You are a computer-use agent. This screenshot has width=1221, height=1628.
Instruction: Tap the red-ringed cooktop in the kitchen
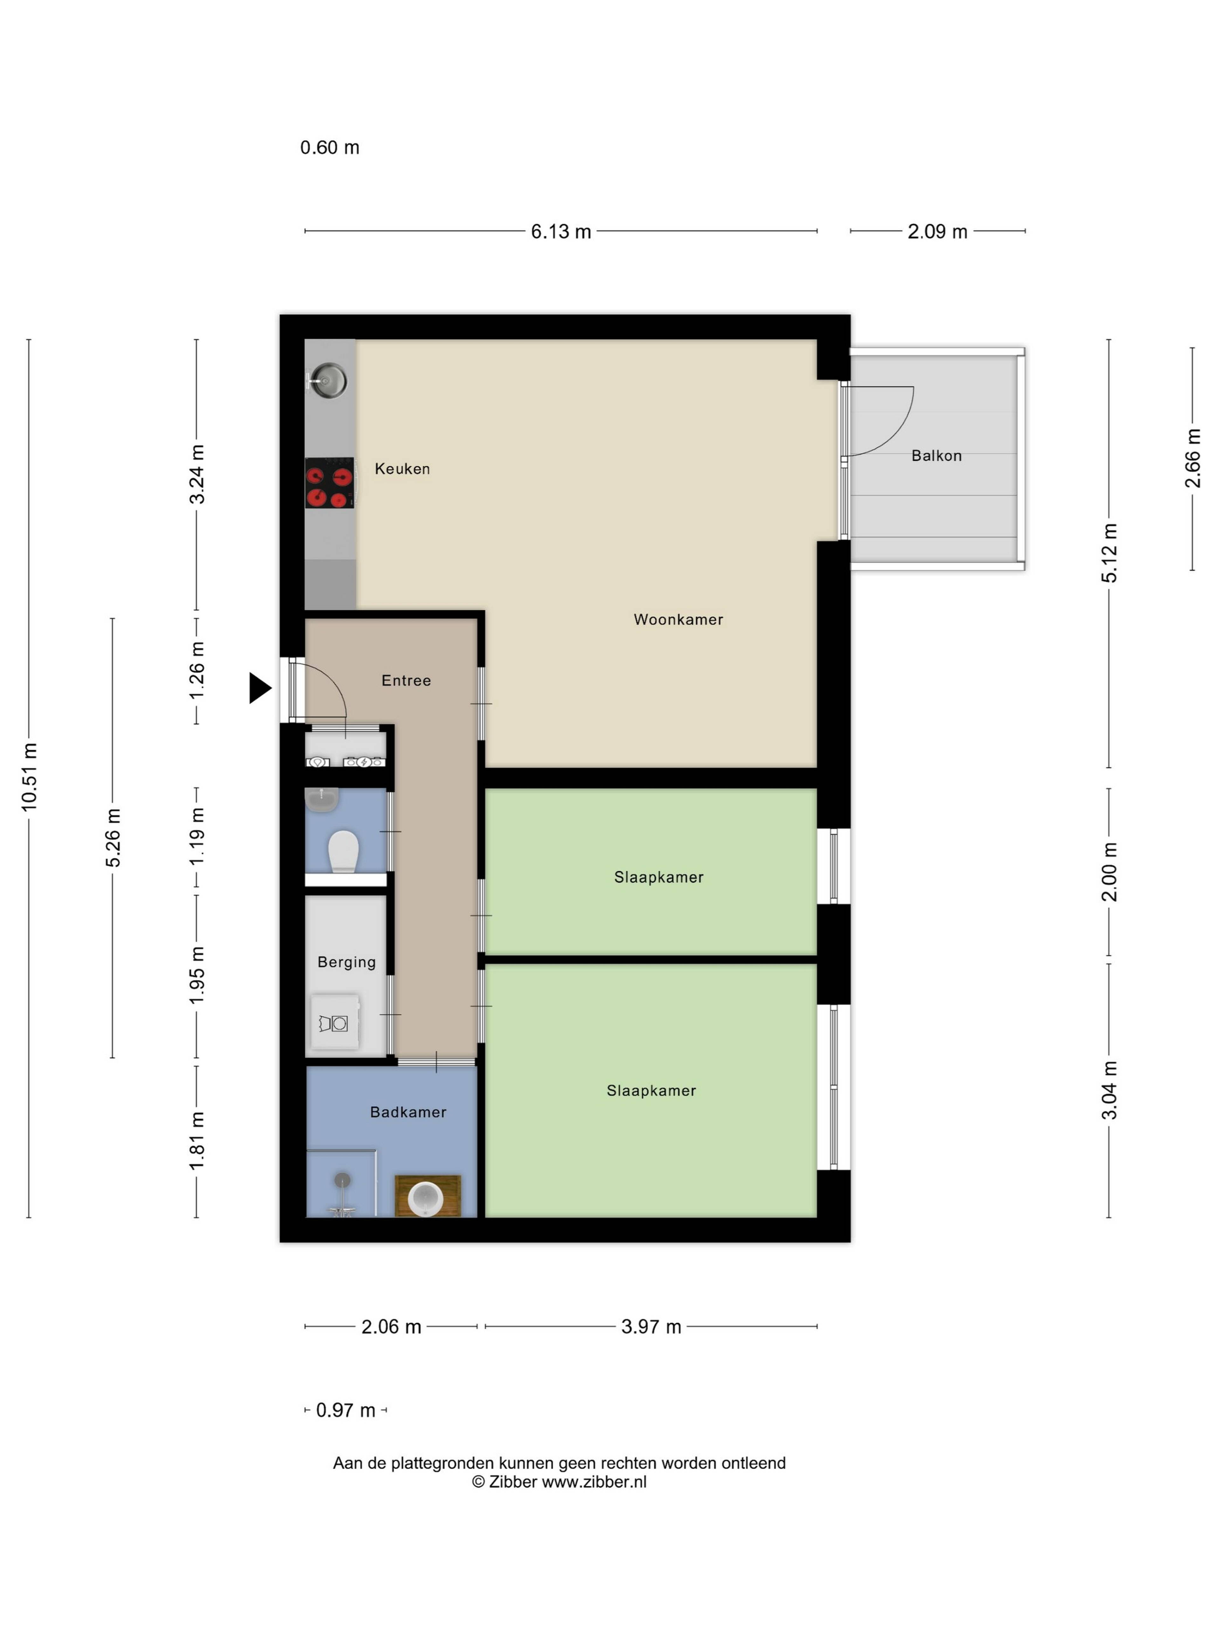coord(329,483)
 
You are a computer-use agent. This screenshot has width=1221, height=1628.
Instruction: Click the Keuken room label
coord(402,469)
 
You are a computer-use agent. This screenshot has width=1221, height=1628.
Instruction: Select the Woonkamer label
coord(678,620)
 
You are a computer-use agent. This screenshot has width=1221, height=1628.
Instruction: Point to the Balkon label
coord(936,456)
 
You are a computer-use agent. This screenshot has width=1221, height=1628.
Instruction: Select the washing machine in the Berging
coord(335,1022)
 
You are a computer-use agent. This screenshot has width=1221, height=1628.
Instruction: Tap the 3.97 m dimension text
coord(651,1327)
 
